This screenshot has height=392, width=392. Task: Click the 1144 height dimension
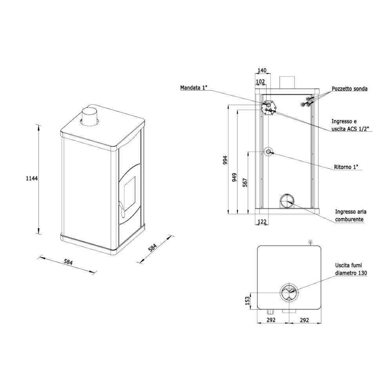click(x=32, y=178)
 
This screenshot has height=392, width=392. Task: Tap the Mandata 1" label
click(x=194, y=88)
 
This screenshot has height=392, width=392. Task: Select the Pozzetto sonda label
click(x=350, y=89)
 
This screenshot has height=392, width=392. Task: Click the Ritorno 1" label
click(x=348, y=167)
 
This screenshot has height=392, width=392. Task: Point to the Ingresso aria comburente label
click(x=350, y=216)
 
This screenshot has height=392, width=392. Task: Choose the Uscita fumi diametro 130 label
click(x=351, y=269)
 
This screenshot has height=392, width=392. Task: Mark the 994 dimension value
click(x=225, y=160)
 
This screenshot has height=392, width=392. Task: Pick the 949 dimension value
click(x=234, y=177)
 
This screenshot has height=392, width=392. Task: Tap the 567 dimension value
click(x=245, y=183)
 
